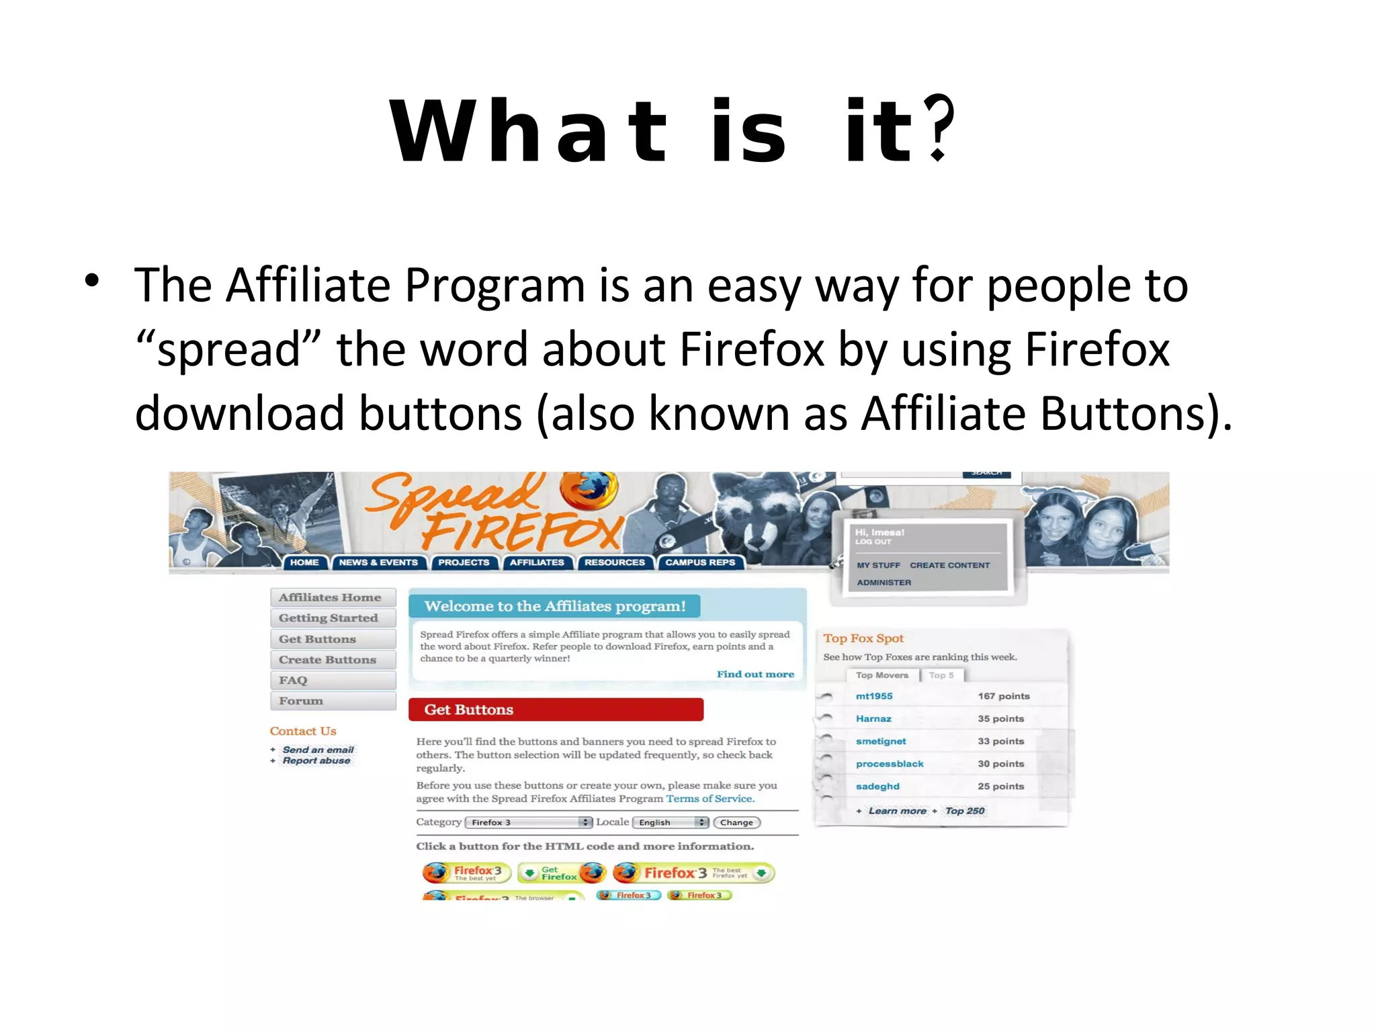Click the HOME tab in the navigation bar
tap(304, 562)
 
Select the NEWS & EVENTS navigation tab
tap(378, 562)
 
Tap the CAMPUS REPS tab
tap(700, 562)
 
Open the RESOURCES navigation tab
tap(614, 562)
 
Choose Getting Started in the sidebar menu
tap(329, 618)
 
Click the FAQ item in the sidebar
tap(294, 680)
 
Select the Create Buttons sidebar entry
tap(328, 660)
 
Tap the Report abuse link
tap(316, 761)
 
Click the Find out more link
tap(755, 674)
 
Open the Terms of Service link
tap(710, 799)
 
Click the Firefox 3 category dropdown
tap(528, 822)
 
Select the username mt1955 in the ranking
tap(874, 696)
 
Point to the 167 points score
tap(1004, 696)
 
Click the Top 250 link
tap(965, 811)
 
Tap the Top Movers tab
tap(881, 675)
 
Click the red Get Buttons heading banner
tap(556, 709)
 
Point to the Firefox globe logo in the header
tap(589, 490)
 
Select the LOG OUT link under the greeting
tap(873, 542)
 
